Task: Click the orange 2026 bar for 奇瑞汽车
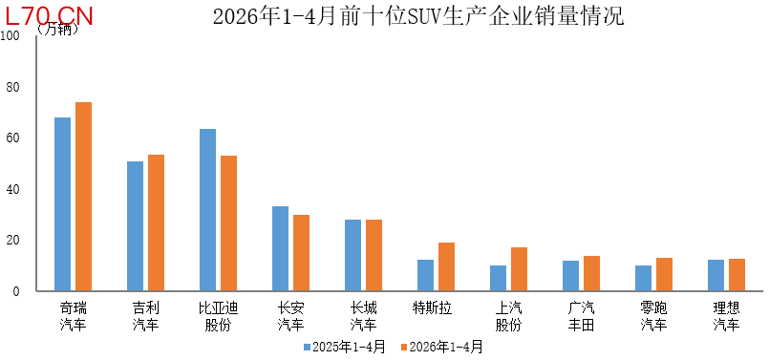[x=83, y=196]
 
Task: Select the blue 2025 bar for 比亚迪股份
[x=207, y=210]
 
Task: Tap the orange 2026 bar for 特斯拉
[x=446, y=266]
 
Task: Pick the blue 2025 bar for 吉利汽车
[x=135, y=226]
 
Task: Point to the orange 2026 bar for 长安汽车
[x=301, y=253]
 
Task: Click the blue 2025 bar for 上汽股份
[x=498, y=278]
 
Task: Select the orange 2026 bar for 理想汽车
[x=737, y=275]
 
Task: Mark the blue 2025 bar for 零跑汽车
[x=643, y=278]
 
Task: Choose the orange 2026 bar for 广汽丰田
[x=591, y=273]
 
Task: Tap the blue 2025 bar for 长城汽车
[x=352, y=255]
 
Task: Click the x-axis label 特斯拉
[x=432, y=308]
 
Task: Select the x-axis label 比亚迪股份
[x=218, y=316]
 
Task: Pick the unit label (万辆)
[x=57, y=30]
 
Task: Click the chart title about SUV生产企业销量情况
[x=418, y=16]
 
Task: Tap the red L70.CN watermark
[x=49, y=16]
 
